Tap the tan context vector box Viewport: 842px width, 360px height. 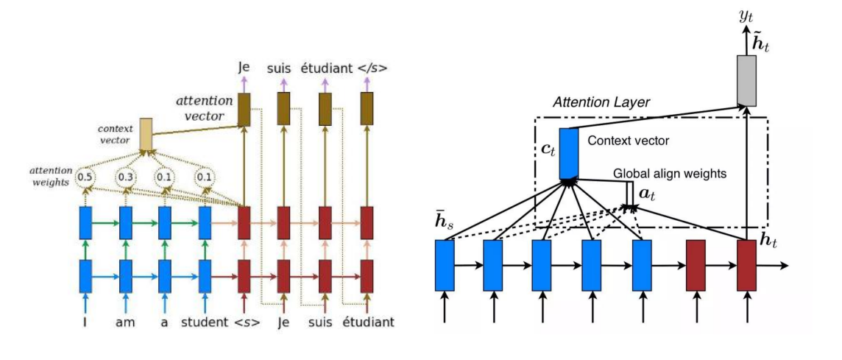tap(146, 132)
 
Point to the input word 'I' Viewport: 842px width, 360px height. tap(86, 322)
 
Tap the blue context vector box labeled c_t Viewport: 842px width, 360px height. tap(568, 153)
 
